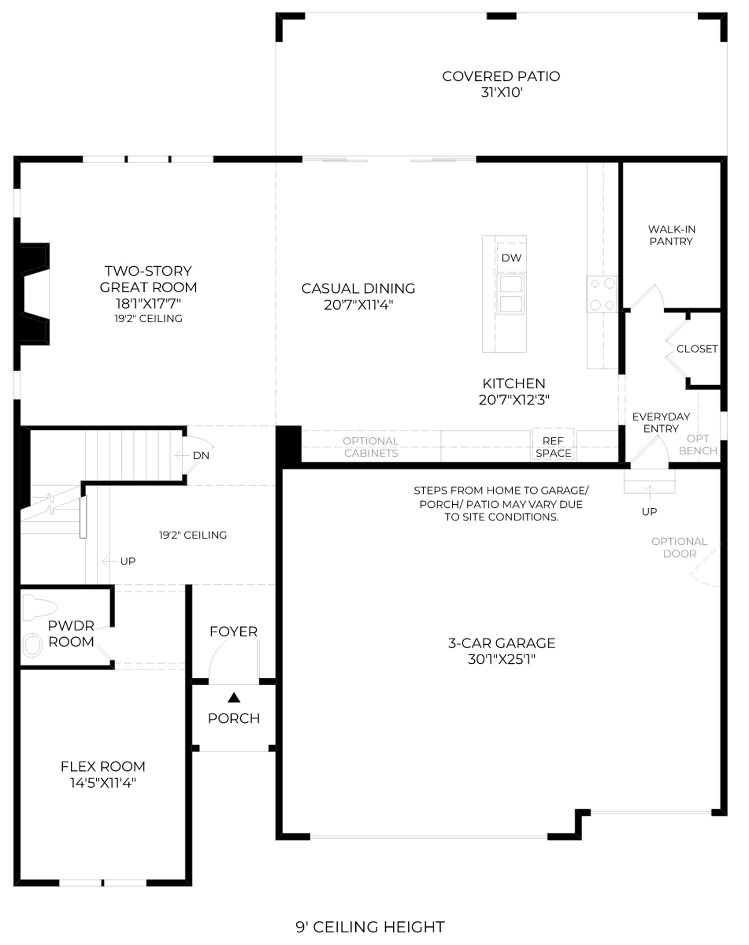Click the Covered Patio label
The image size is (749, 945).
pos(501,84)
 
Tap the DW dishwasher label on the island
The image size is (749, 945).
pos(511,257)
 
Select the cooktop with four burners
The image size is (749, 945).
pos(602,294)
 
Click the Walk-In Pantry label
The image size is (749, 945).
pos(671,235)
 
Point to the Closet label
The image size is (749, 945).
pos(697,349)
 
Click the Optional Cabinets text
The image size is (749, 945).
pos(371,447)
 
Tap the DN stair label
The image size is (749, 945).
pos(201,455)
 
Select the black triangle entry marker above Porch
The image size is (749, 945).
pos(234,698)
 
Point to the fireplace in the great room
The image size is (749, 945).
pos(35,294)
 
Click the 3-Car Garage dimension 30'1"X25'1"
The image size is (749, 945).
pos(501,659)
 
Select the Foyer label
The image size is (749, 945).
pos(234,631)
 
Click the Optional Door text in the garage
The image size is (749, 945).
pos(679,548)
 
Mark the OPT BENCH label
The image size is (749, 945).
pos(698,445)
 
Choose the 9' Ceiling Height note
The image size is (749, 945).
pos(370,927)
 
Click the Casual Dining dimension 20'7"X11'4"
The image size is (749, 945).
pos(359,305)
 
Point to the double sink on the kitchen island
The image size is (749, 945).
pos(511,294)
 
